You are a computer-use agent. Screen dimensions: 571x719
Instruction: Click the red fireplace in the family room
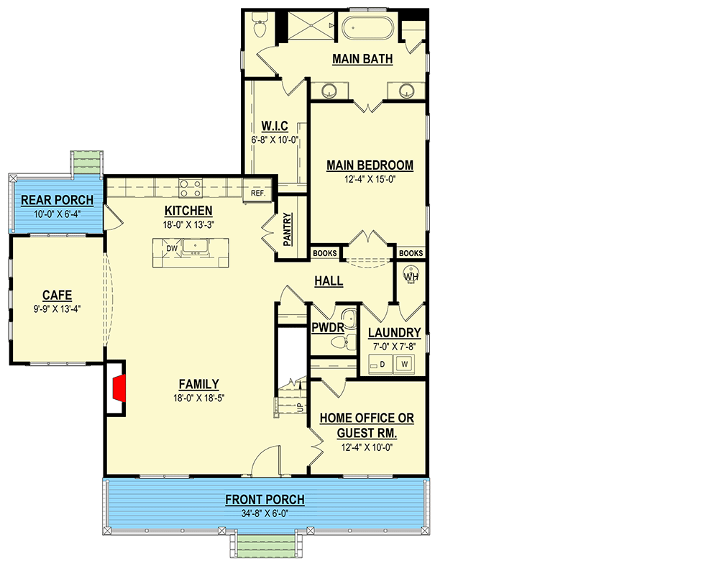pyautogui.click(x=120, y=390)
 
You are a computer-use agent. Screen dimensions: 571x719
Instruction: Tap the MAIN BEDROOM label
pyautogui.click(x=370, y=165)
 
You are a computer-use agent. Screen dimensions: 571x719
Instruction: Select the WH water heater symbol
pyautogui.click(x=411, y=276)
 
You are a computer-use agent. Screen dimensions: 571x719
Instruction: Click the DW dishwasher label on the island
pyautogui.click(x=171, y=248)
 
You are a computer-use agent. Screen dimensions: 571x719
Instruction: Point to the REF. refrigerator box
pyautogui.click(x=258, y=193)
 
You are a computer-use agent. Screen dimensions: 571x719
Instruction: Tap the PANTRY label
pyautogui.click(x=287, y=229)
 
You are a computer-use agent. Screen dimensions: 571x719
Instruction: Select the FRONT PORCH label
pyautogui.click(x=265, y=500)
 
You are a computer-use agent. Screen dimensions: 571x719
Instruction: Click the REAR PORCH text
pyautogui.click(x=57, y=200)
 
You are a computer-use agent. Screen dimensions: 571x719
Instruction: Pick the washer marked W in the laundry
pyautogui.click(x=405, y=365)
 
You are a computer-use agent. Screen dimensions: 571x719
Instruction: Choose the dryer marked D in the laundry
pyautogui.click(x=382, y=365)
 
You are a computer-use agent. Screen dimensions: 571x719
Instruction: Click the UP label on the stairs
pyautogui.click(x=300, y=408)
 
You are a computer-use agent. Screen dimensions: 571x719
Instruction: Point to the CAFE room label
pyautogui.click(x=57, y=295)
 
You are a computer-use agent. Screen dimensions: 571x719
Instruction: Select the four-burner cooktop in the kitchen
pyautogui.click(x=190, y=188)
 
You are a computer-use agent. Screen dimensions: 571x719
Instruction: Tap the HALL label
pyautogui.click(x=329, y=281)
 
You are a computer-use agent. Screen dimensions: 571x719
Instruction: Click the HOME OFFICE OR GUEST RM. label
pyautogui.click(x=367, y=426)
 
